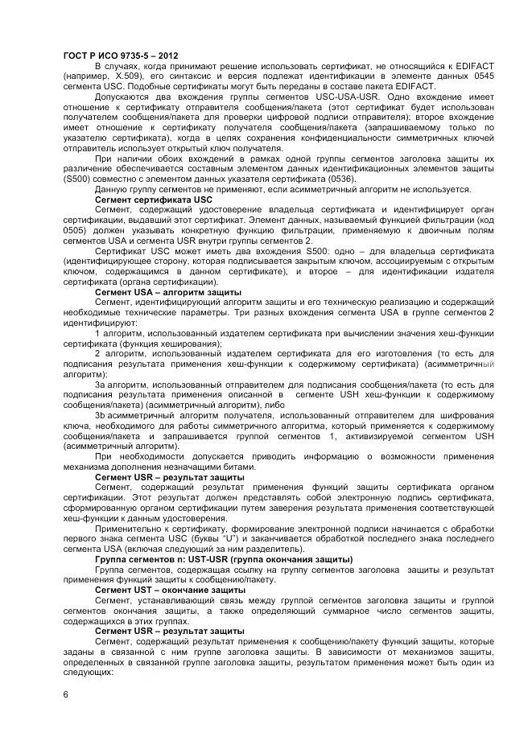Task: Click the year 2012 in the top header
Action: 177,55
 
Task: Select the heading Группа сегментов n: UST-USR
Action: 212,559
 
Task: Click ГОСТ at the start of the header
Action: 76,55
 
